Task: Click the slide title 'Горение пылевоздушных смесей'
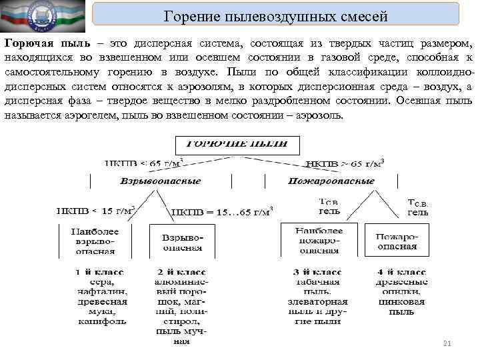(x=275, y=16)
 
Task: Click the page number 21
(x=447, y=343)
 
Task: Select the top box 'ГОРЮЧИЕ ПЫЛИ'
(x=237, y=145)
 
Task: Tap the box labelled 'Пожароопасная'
(x=396, y=241)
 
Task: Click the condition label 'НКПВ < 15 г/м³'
(x=95, y=210)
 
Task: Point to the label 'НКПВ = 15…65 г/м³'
(x=220, y=212)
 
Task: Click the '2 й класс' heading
(x=181, y=273)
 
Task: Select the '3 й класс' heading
(x=317, y=273)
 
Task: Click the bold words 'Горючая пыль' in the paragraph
(x=37, y=43)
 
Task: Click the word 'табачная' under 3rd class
(x=317, y=282)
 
